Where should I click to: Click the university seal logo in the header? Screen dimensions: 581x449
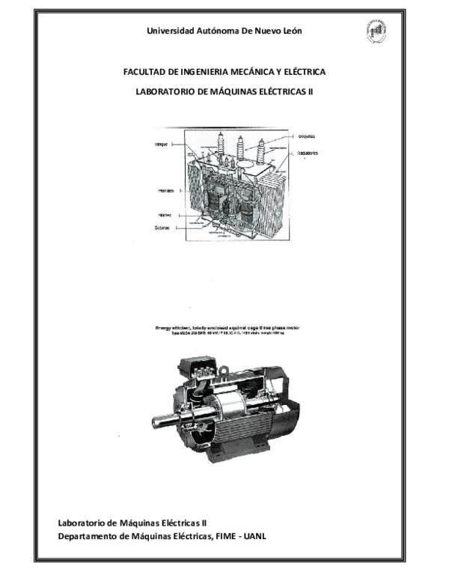pos(376,31)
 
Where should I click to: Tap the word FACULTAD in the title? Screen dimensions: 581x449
pos(145,72)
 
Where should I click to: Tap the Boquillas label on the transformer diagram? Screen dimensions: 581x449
pos(305,137)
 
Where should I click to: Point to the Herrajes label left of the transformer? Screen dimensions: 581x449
pos(165,191)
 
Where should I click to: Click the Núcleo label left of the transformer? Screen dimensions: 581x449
pos(165,214)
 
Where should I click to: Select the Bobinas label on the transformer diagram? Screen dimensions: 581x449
pos(164,228)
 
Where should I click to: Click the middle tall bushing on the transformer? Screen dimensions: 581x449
pos(240,147)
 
